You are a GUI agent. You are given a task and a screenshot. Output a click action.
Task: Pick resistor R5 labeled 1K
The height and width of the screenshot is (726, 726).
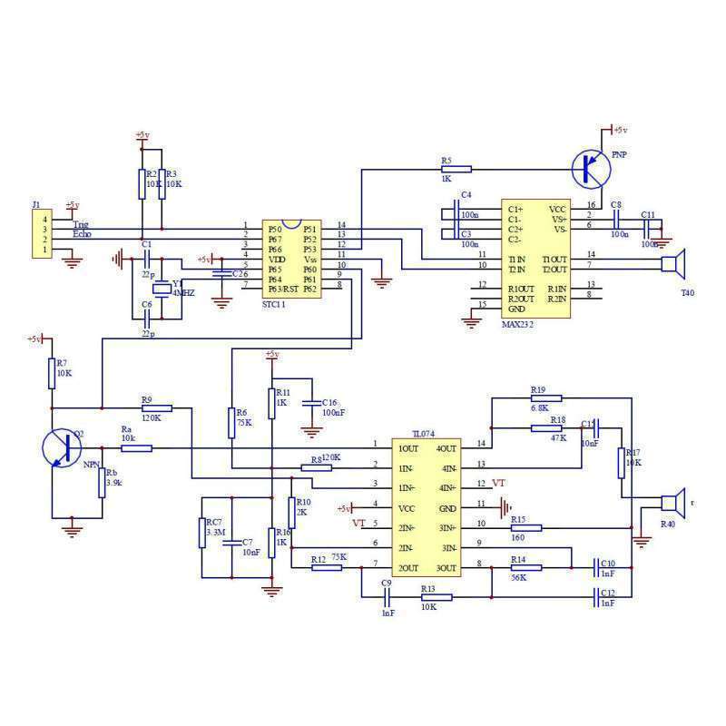(x=455, y=168)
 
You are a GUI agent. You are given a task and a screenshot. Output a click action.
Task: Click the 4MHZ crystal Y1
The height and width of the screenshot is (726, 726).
(x=162, y=289)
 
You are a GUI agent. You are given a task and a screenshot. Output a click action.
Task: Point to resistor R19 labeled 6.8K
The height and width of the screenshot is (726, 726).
(x=544, y=397)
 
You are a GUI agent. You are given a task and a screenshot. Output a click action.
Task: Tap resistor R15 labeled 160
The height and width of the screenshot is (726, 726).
(x=525, y=527)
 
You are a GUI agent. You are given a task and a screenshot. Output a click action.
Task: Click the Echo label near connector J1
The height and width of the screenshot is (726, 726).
(x=82, y=235)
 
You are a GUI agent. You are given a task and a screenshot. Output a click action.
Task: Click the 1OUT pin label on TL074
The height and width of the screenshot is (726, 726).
(x=408, y=448)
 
